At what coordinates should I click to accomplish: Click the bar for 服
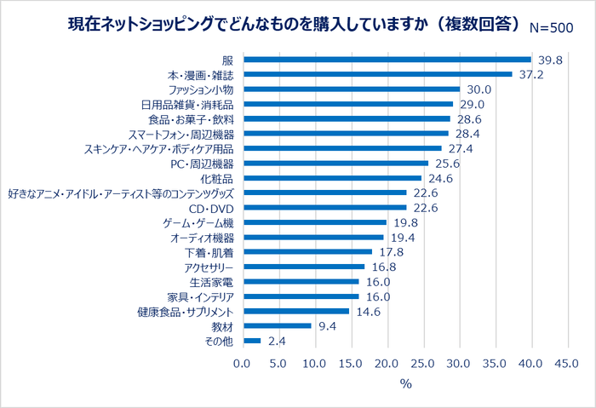coord(387,60)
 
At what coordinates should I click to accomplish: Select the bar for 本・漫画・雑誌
coord(378,74)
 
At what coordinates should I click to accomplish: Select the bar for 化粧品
coord(333,178)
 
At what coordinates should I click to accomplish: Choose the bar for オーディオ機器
coord(314,237)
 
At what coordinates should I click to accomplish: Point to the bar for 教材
coord(278,325)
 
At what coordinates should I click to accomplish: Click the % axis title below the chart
coord(405,384)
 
